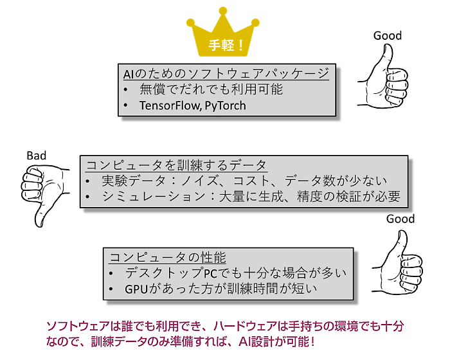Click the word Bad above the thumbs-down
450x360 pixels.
(37, 156)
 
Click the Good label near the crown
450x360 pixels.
(388, 36)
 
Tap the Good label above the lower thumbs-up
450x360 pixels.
(401, 219)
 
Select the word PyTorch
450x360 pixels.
(225, 105)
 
